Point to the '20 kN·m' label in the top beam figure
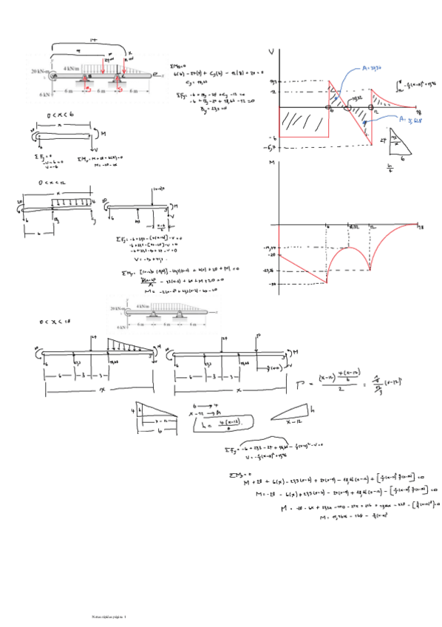click(x=40, y=72)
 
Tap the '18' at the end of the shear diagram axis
click(x=418, y=112)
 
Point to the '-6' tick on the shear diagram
click(x=272, y=138)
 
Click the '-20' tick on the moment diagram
click(x=271, y=254)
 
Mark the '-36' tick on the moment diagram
click(x=271, y=283)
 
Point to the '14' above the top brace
click(x=93, y=39)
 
